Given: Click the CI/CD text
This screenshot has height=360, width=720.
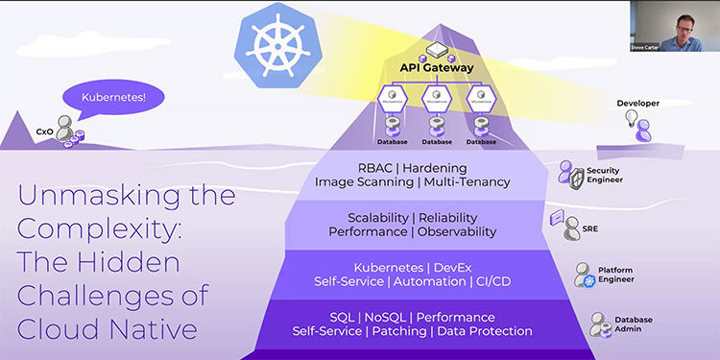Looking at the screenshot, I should point(489,282).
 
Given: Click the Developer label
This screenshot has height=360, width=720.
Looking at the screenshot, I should point(637,102).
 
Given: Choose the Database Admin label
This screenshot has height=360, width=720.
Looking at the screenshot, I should point(635,323).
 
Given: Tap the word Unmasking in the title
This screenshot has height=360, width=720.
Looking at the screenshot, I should point(80,198).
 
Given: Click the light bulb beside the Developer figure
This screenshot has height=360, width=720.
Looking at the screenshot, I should point(633,118).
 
